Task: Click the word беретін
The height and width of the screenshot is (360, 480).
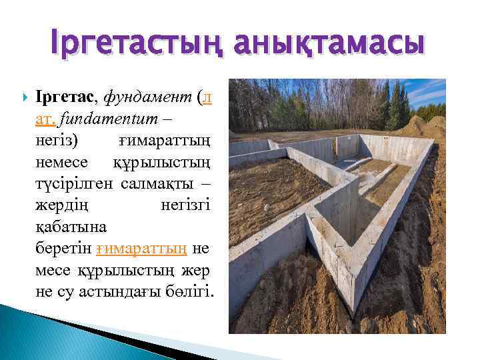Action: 63,248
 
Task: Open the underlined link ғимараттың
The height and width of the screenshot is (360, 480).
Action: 141,248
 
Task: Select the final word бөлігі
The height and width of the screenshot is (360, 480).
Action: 193,291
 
